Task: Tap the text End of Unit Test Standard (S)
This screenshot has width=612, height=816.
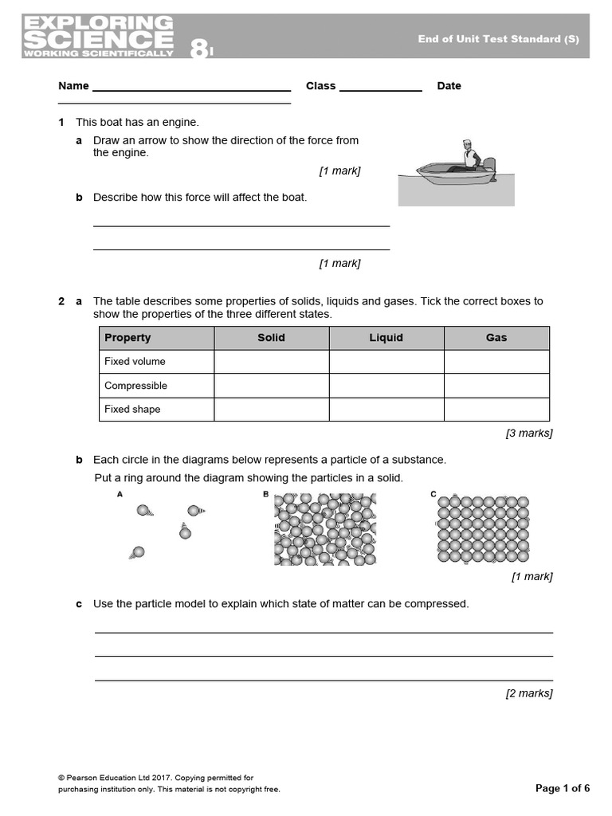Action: coord(498,39)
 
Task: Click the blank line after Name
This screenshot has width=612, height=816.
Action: coord(191,90)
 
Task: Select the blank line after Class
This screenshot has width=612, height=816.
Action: coord(381,90)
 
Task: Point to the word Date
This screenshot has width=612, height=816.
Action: coord(449,86)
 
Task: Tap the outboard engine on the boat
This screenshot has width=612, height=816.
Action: coord(489,167)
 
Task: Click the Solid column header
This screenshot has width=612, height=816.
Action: coord(271,338)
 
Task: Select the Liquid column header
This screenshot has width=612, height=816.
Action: coord(386,338)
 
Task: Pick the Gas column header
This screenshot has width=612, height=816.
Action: coord(496,338)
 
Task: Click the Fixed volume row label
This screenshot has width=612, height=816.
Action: coord(135,362)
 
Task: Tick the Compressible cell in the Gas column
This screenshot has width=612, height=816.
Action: coord(496,386)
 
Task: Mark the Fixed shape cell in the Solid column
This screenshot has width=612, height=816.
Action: coord(271,410)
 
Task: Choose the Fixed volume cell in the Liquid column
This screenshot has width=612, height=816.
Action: coord(386,362)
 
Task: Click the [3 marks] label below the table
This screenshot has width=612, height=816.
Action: coord(528,433)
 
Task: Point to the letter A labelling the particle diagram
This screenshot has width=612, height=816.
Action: coord(120,494)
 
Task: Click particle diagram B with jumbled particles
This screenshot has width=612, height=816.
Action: coord(325,529)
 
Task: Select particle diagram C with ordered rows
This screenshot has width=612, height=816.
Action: coord(483,529)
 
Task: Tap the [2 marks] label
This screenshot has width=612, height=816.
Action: coord(528,693)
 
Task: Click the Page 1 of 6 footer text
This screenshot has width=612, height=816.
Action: coord(563,788)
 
